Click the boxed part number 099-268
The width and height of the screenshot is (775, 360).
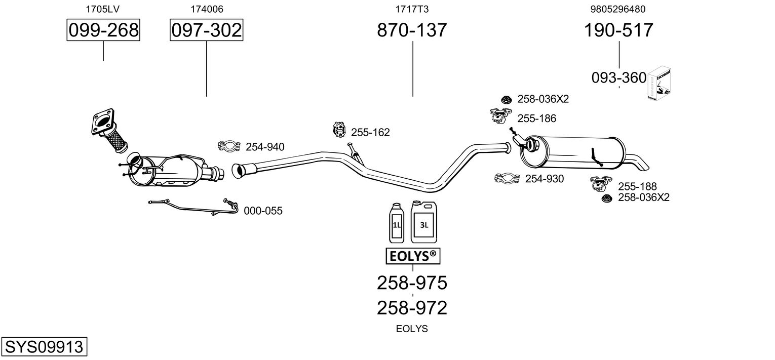click(103, 30)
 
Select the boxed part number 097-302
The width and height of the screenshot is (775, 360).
click(206, 30)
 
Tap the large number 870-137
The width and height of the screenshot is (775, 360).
click(412, 30)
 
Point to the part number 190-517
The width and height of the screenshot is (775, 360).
click(618, 30)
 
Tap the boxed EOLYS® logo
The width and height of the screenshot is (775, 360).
click(413, 256)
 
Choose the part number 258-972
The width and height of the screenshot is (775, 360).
click(412, 308)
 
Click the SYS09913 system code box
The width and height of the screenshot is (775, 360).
click(44, 347)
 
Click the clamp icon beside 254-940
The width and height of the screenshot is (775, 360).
click(228, 147)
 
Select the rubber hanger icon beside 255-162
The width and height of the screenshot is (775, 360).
click(338, 130)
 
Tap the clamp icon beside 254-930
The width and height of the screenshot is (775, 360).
click(508, 178)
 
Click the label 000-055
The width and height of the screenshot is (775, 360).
click(263, 211)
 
